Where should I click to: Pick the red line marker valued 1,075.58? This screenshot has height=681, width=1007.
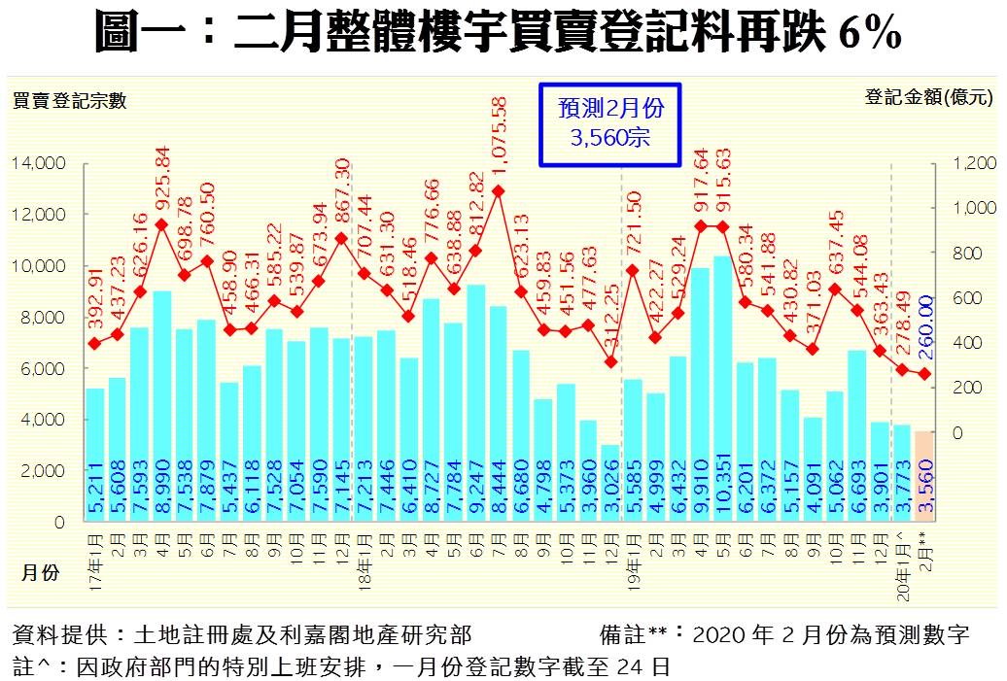[x=499, y=191]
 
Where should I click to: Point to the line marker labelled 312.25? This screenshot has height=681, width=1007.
[x=609, y=361]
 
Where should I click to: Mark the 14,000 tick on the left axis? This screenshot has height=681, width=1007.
[x=39, y=162]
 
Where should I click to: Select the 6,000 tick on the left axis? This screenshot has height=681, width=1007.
[x=43, y=368]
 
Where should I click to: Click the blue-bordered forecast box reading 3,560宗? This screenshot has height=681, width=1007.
[x=609, y=122]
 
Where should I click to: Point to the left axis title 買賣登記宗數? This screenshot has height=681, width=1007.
[x=69, y=98]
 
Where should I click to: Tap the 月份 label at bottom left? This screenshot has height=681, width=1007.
[x=40, y=573]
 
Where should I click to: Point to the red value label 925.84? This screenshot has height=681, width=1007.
[x=162, y=181]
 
